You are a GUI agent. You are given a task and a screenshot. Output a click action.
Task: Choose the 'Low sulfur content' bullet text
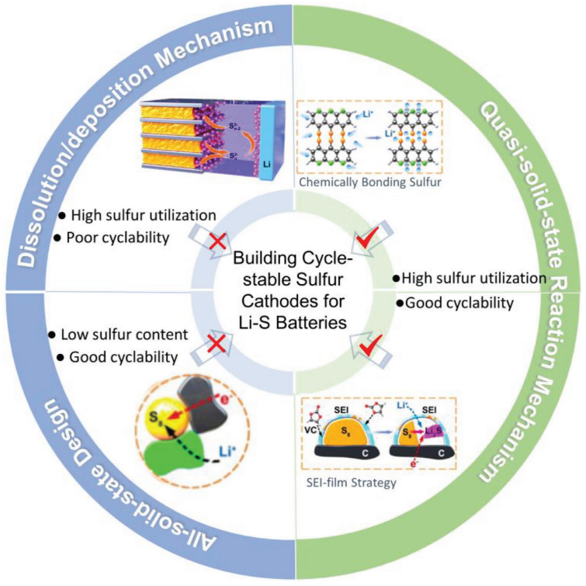(x=116, y=335)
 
